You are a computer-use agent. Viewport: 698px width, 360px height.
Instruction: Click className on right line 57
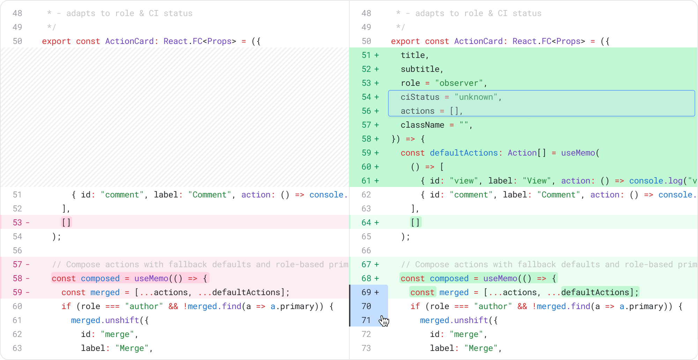[422, 125]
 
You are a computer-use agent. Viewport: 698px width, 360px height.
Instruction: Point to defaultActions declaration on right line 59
[463, 153]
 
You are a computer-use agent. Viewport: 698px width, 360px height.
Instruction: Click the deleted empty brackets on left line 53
[66, 223]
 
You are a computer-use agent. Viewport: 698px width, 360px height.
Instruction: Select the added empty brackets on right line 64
[415, 223]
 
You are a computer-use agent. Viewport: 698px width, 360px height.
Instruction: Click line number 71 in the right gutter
[366, 320]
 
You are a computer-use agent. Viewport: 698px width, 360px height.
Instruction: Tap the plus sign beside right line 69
[377, 292]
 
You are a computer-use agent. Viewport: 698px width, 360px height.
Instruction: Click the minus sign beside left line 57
[28, 264]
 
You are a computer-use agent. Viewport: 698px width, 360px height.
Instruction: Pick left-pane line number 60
[17, 306]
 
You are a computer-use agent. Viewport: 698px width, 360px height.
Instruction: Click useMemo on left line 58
[151, 278]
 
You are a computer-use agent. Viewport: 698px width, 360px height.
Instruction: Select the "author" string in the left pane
[144, 306]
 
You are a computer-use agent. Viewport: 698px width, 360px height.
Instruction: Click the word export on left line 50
[56, 41]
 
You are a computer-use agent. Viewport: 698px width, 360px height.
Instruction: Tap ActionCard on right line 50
[478, 41]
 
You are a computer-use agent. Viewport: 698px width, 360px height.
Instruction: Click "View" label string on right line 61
[537, 181]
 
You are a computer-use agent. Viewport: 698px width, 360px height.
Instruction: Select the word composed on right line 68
[449, 278]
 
